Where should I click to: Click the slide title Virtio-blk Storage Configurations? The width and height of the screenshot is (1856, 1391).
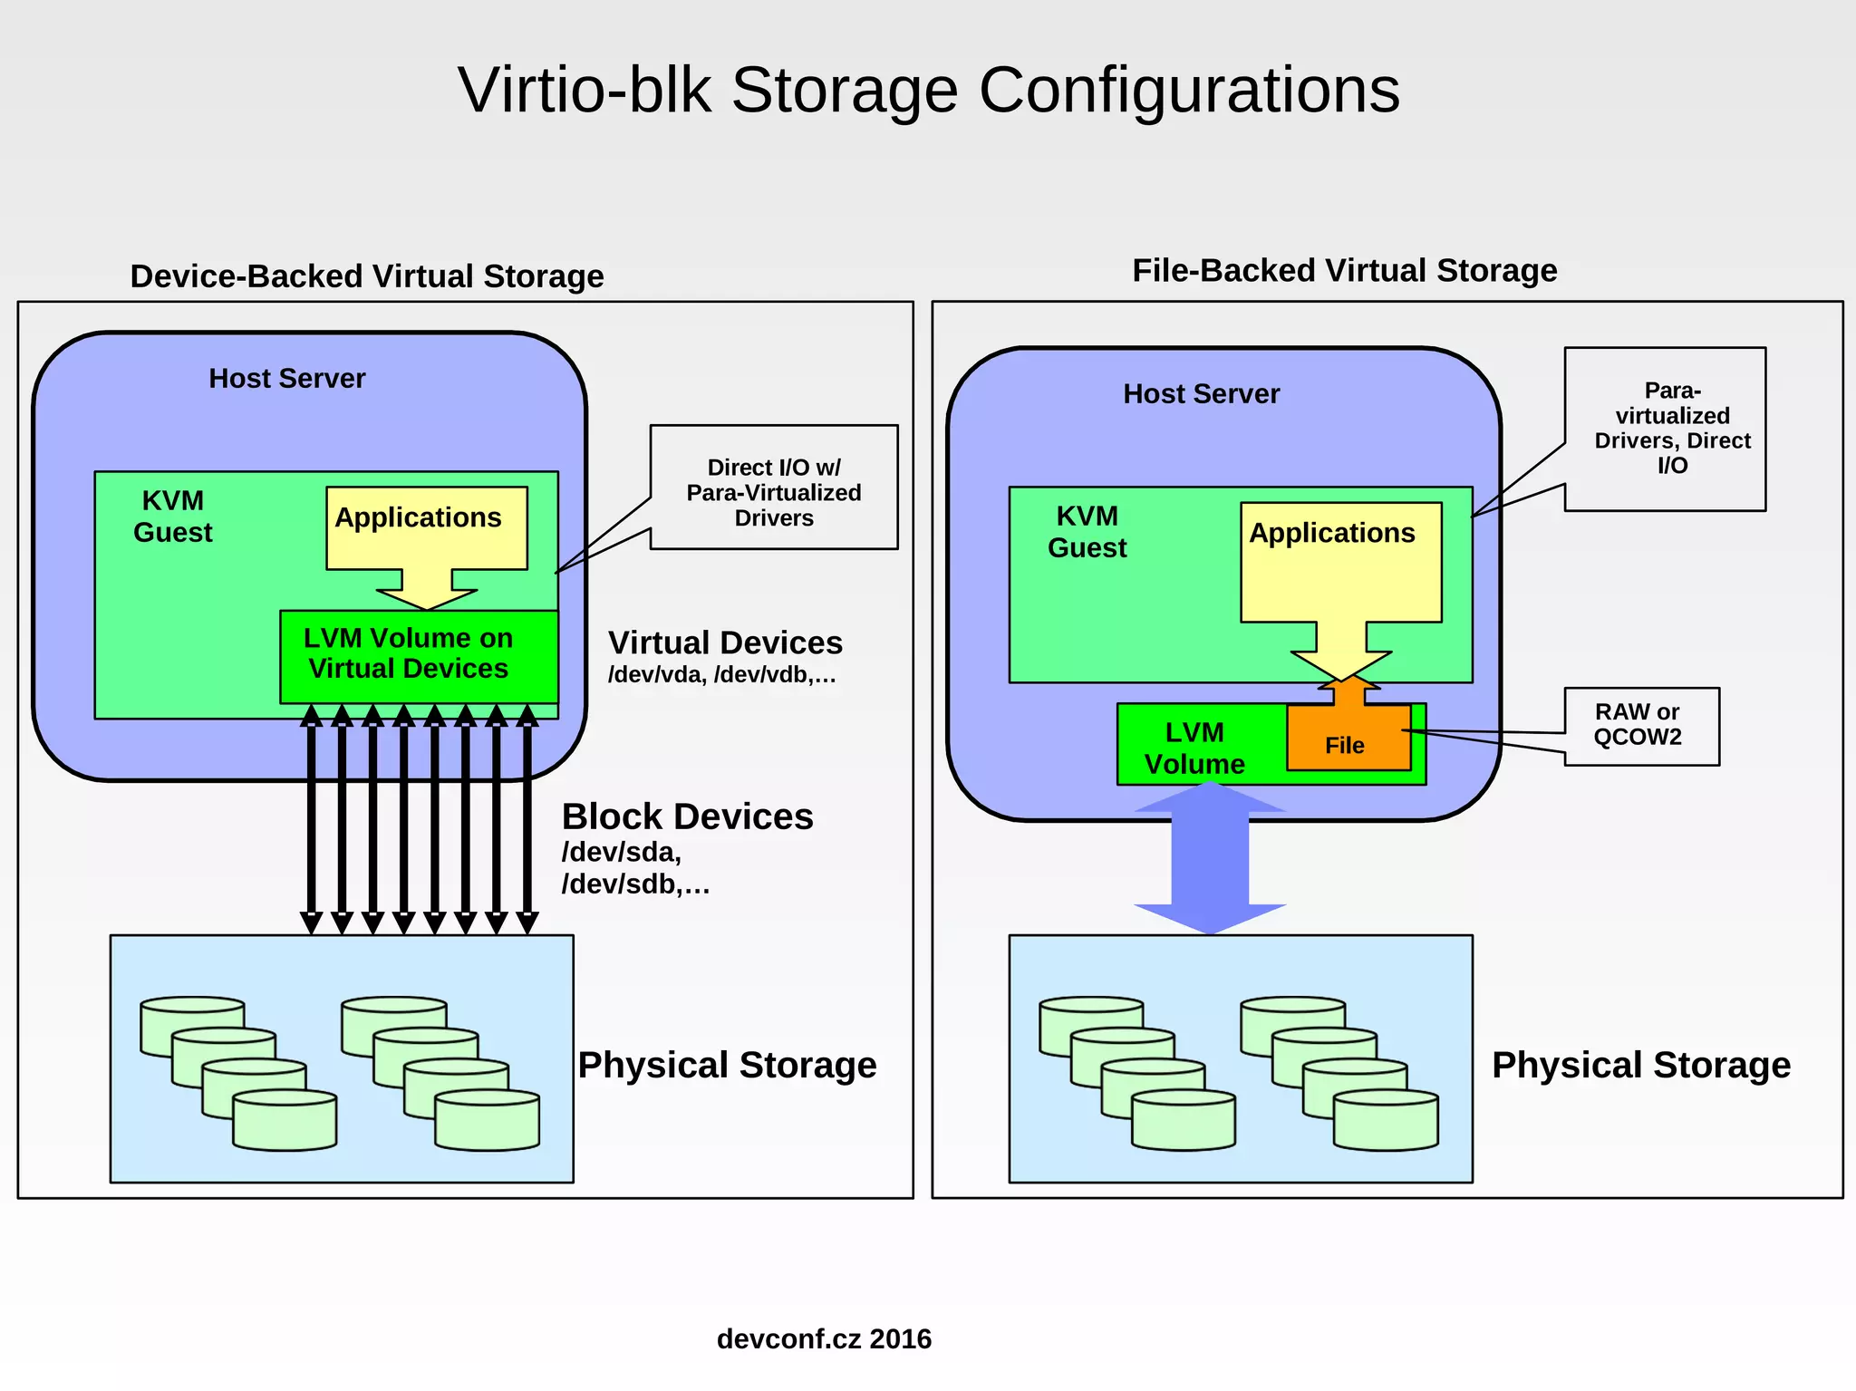928,90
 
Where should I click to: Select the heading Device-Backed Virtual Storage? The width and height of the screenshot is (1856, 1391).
367,275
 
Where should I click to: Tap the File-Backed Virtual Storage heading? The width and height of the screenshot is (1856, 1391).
1344,270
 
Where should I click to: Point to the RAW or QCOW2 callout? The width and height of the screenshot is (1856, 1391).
1640,725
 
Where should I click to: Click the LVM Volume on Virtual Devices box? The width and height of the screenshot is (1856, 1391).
418,654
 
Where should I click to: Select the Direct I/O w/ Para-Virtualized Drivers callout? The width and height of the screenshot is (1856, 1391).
774,491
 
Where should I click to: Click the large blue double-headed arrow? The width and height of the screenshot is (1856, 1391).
1210,856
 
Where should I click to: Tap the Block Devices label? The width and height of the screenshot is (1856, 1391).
687,816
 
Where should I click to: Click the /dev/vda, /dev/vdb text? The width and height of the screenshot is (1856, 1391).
721,675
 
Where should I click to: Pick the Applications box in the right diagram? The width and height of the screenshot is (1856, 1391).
1339,562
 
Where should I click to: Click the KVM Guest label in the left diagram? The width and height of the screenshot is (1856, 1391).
173,516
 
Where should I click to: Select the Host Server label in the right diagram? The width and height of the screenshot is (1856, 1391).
1201,393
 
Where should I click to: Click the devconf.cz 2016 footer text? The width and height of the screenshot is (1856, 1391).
824,1338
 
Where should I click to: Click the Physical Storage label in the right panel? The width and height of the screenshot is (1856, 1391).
1640,1065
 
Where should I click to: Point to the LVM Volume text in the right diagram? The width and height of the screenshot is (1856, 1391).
1194,748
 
